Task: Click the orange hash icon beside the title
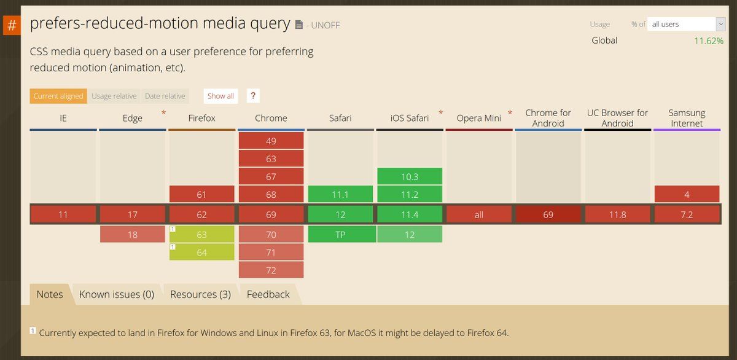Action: (x=12, y=26)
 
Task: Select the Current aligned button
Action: (x=58, y=96)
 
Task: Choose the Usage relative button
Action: (x=114, y=96)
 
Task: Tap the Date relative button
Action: (x=165, y=96)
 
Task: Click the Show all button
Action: (x=220, y=96)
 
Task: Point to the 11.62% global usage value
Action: (x=708, y=41)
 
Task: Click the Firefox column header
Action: (x=201, y=118)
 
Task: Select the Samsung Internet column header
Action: (x=687, y=118)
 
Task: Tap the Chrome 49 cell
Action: (x=271, y=141)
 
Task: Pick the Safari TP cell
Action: (x=340, y=235)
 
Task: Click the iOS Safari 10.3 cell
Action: (x=410, y=176)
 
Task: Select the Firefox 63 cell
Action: (x=202, y=235)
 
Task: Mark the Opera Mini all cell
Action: (x=479, y=214)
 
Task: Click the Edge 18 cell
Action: (x=133, y=235)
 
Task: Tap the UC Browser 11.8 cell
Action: (x=617, y=214)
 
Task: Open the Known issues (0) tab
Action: (x=117, y=294)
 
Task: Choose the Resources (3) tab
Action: (x=200, y=294)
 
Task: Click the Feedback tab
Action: (x=268, y=294)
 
